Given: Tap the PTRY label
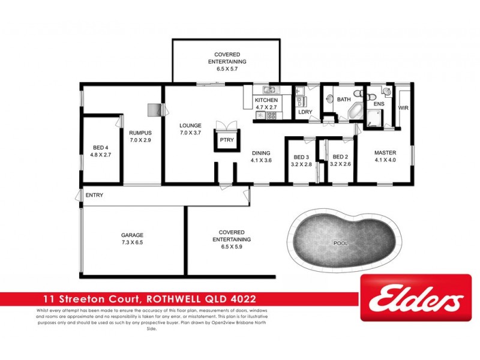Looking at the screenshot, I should pos(226,140).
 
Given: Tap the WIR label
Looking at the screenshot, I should pos(403,108).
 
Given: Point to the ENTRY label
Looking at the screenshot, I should pos(95,195).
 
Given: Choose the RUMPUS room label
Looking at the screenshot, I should pos(140,133).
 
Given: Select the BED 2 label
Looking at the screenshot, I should pos(340,157).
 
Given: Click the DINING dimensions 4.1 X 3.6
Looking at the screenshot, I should pos(261,160).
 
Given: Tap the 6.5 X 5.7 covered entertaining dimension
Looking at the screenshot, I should pos(227,69).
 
